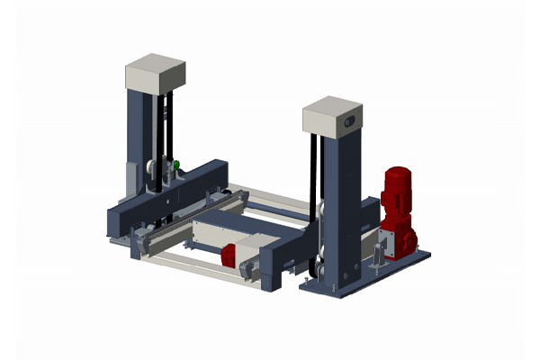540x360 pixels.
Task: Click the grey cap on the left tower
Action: [155, 72]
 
